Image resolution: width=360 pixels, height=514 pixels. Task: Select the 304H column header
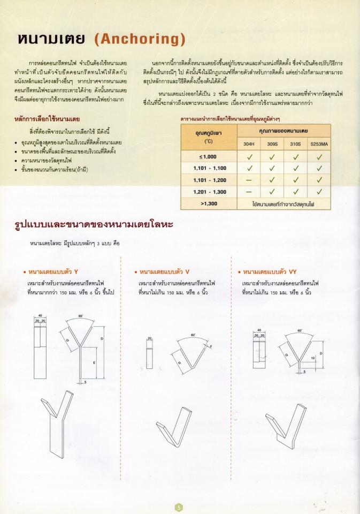pyautogui.click(x=249, y=144)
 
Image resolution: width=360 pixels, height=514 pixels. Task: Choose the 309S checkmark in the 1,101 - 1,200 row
pyautogui.click(x=272, y=180)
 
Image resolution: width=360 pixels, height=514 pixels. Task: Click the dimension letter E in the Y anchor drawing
pyautogui.click(x=95, y=362)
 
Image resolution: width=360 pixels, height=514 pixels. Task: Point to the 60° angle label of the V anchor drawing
pyautogui.click(x=193, y=335)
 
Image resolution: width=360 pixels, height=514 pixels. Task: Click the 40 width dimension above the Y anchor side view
pyautogui.click(x=40, y=316)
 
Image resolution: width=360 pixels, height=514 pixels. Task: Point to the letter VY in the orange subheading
pyautogui.click(x=292, y=272)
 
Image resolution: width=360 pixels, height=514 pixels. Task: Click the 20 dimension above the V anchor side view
pyautogui.click(x=150, y=338)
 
